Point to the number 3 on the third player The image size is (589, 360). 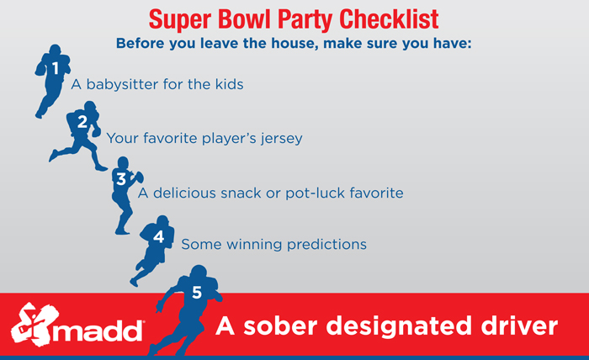click(x=121, y=179)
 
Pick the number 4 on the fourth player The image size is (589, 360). click(x=157, y=237)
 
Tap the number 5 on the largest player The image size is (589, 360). click(x=197, y=293)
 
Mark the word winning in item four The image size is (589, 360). click(x=247, y=244)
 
